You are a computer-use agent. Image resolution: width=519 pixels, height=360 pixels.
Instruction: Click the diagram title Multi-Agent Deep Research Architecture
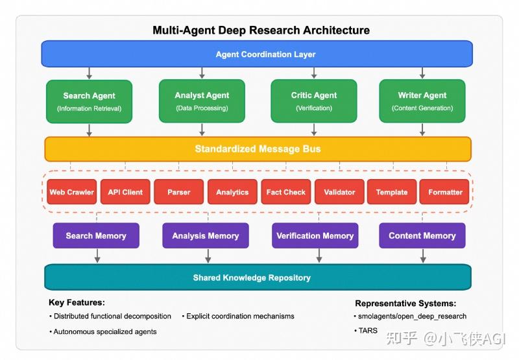261,30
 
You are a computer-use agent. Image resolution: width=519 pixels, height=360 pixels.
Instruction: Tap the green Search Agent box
90,101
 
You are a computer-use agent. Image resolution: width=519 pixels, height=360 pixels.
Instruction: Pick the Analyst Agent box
202,101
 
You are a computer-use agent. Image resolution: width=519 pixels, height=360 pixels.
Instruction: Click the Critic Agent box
314,101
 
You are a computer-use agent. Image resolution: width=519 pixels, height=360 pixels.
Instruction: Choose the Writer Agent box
422,101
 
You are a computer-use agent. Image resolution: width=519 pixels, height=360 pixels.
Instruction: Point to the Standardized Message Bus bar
258,149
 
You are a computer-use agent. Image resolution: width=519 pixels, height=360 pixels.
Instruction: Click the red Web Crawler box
71,192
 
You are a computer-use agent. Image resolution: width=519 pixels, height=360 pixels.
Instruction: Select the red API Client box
125,192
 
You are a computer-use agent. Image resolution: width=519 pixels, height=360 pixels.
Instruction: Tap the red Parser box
178,192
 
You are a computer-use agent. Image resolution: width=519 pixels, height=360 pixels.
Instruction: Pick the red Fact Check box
285,192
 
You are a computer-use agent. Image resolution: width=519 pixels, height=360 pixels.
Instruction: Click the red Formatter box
445,192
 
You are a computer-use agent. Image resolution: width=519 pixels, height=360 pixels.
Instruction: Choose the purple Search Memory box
96,235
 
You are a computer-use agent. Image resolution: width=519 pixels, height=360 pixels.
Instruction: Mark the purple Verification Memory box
315,235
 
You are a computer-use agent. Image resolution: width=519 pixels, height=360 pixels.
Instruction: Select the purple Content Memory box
422,235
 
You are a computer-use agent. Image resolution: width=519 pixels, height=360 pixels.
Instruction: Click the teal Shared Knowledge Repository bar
258,278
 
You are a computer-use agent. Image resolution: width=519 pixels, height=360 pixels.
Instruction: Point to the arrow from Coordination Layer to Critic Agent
314,73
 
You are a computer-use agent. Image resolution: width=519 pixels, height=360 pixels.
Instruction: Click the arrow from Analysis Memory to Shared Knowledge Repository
206,256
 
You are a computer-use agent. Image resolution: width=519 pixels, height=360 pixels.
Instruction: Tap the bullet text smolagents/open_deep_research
412,317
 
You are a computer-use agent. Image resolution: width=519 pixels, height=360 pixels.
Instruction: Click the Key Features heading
77,303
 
